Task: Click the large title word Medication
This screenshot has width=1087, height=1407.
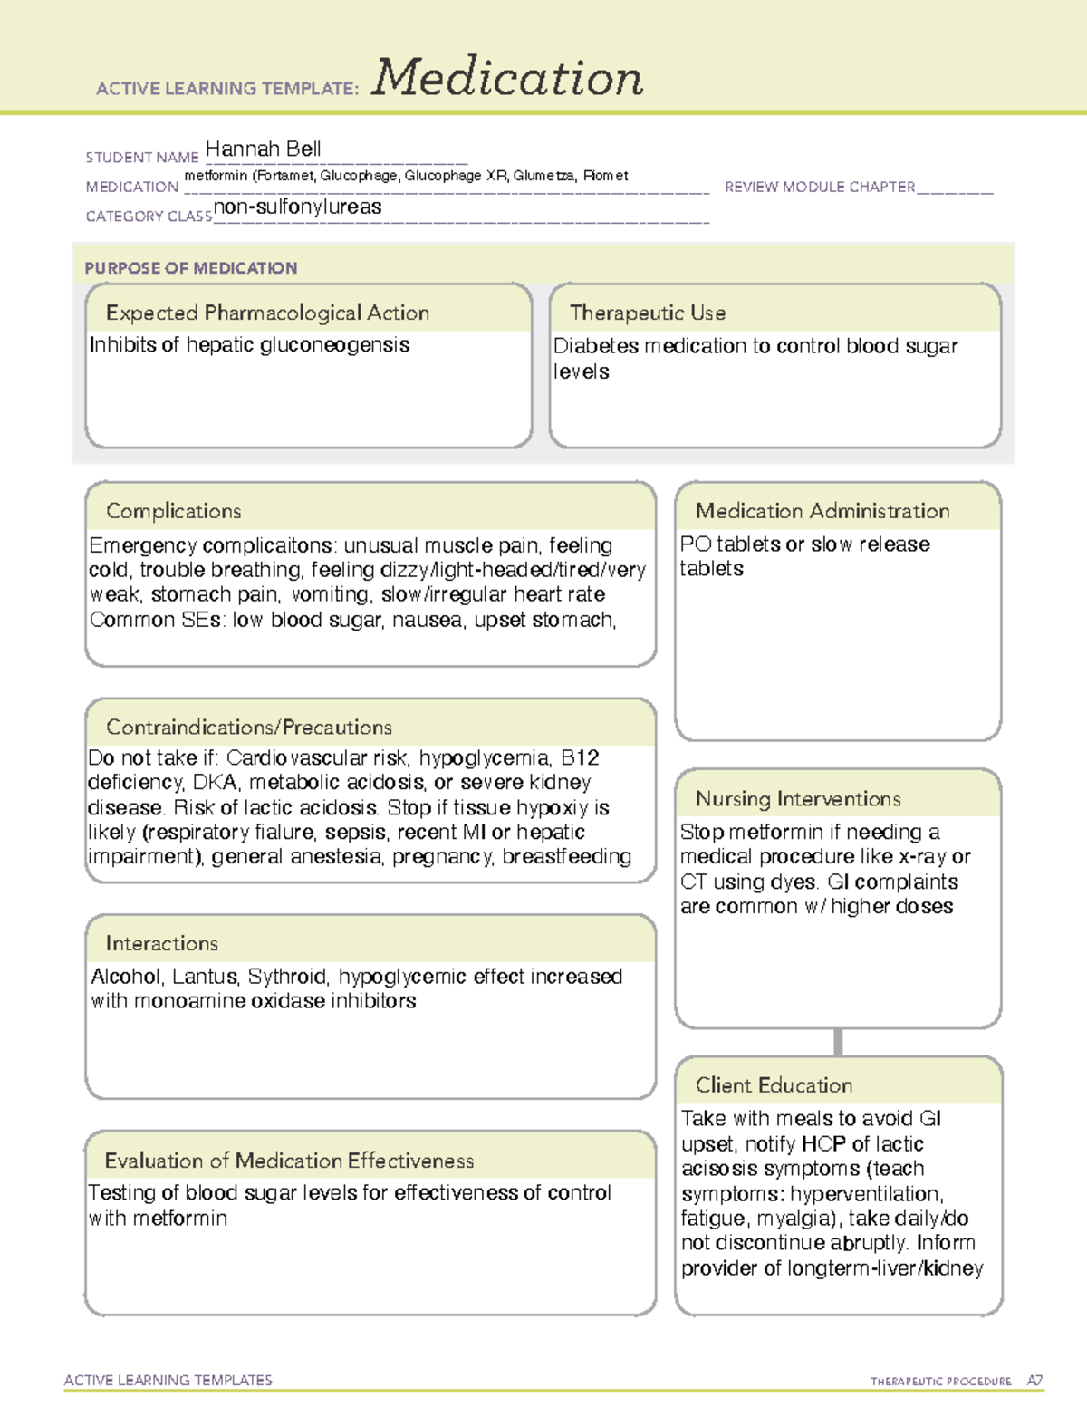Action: (506, 78)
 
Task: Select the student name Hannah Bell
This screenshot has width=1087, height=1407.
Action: (263, 149)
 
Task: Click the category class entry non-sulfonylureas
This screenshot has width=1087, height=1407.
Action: (297, 207)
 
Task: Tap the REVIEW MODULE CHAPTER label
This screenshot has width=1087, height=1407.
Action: (820, 187)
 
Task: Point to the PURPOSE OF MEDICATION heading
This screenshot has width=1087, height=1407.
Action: (190, 268)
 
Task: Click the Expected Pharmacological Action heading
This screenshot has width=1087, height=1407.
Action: (267, 313)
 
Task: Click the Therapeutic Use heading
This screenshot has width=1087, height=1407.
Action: (647, 313)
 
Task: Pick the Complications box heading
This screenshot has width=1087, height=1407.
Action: (173, 511)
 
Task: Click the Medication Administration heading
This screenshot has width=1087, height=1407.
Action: (822, 511)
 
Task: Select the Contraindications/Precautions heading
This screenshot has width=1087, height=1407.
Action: (248, 727)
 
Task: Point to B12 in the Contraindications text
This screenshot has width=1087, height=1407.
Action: (580, 757)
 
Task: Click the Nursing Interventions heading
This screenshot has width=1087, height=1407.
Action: (797, 798)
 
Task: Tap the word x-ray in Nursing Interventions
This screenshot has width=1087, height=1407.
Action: (922, 856)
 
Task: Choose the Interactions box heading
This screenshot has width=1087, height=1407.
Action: (161, 943)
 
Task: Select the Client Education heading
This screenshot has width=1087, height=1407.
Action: (774, 1084)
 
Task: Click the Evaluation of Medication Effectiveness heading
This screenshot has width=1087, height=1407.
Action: (289, 1161)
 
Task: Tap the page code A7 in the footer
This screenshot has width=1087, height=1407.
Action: (1034, 1381)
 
